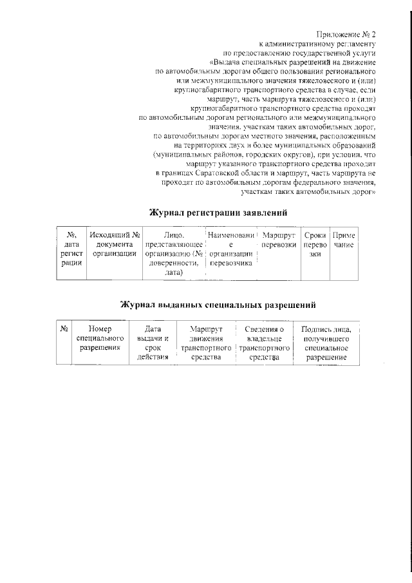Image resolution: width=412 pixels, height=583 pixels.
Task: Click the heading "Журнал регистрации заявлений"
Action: point(218,212)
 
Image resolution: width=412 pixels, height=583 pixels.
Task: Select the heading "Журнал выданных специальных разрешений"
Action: point(218,304)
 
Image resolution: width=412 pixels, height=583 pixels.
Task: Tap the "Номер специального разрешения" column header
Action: point(100,338)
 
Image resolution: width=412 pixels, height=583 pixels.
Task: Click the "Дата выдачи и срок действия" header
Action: point(153,343)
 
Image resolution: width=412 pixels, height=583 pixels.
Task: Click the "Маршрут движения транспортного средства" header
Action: point(207,343)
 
